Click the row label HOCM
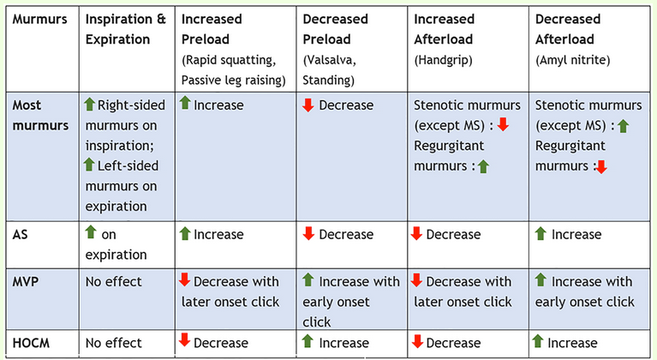point(33,342)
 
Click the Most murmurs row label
point(39,115)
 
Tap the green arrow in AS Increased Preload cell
point(184,233)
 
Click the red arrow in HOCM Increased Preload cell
point(183,341)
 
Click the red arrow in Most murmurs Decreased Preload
point(308,105)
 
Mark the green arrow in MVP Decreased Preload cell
point(308,279)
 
